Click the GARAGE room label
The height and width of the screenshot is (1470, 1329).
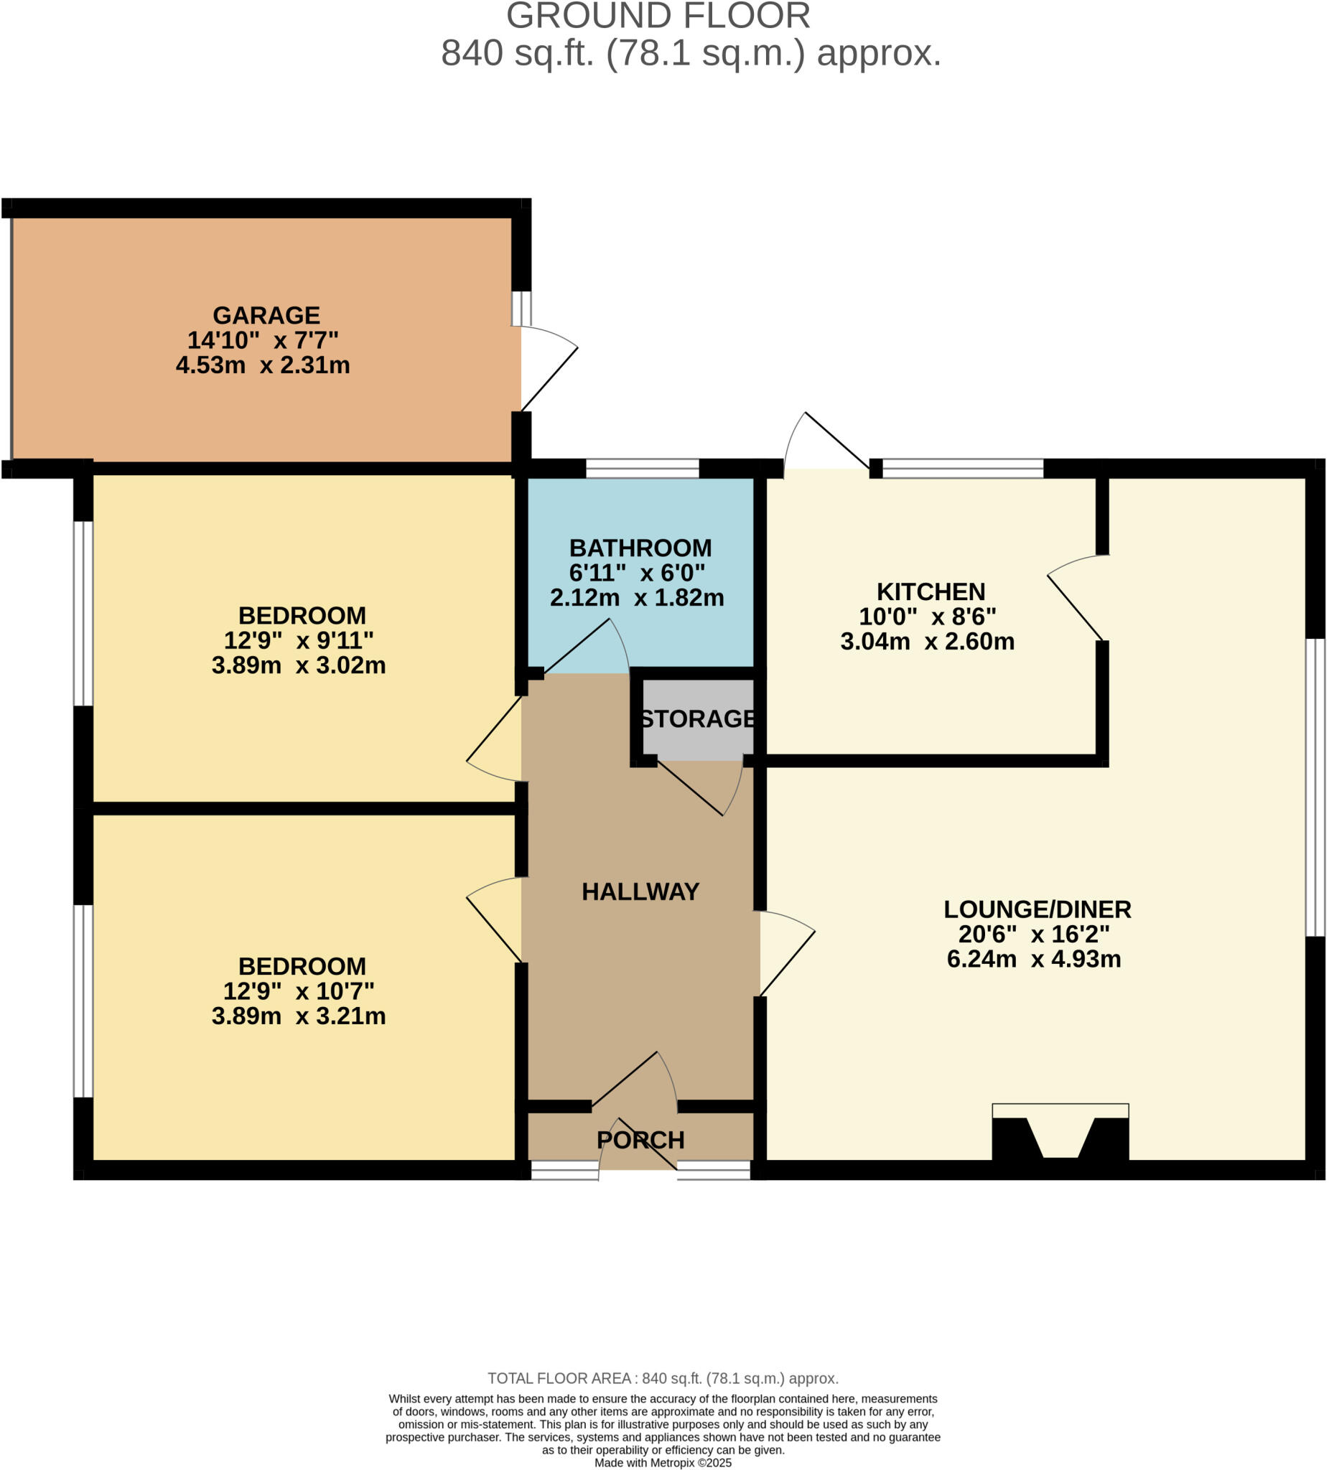[x=266, y=315]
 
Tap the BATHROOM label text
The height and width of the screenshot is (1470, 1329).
[x=640, y=548]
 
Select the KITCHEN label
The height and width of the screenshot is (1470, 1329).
[x=930, y=591]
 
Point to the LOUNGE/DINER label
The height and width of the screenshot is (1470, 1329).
[x=1037, y=909]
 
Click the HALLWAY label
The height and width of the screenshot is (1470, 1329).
[x=640, y=891]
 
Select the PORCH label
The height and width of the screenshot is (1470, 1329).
[x=640, y=1140]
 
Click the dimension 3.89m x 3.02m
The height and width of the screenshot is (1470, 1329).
[x=299, y=665]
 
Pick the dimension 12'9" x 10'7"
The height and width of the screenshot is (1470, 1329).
[x=299, y=991]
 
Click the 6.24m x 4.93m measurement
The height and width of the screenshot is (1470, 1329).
[x=1033, y=959]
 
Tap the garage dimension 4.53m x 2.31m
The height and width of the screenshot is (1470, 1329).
[x=263, y=365]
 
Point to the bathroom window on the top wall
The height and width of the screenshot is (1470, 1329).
[x=642, y=468]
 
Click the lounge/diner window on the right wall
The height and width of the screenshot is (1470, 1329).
[x=1314, y=787]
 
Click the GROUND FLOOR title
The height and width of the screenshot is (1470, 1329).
[x=657, y=16]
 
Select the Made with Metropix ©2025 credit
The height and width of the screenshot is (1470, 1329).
[x=662, y=1462]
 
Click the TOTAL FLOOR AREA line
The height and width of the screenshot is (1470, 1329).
[x=662, y=1378]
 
